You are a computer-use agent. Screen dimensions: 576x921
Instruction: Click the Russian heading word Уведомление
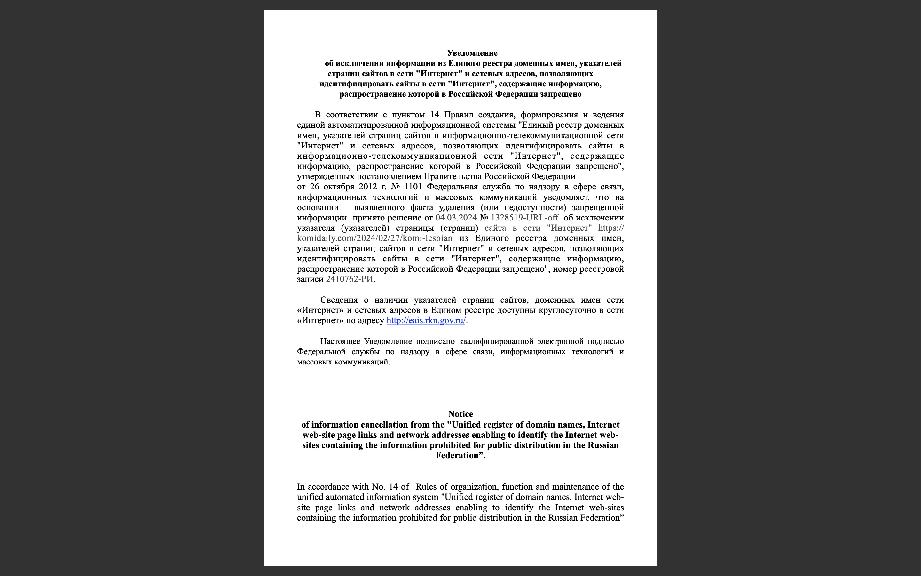[472, 53]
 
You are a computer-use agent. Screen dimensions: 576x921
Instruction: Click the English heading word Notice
[460, 414]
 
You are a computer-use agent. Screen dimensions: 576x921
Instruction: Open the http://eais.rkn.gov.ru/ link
[426, 320]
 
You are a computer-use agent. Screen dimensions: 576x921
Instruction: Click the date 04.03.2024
[456, 218]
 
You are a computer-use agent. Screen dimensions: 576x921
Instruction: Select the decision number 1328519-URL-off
[524, 218]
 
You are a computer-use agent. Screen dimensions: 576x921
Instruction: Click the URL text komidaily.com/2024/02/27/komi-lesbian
[374, 238]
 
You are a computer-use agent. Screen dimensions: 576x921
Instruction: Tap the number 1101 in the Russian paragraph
[413, 187]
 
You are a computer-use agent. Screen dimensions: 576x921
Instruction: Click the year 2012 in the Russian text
[367, 187]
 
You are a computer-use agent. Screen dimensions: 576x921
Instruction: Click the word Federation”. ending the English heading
[460, 455]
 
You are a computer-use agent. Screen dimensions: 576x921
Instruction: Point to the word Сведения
[339, 300]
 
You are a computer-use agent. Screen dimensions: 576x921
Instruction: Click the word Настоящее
[340, 341]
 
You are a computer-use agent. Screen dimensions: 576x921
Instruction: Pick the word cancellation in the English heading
[390, 424]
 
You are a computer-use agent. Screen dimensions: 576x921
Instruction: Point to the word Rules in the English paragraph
[426, 487]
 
